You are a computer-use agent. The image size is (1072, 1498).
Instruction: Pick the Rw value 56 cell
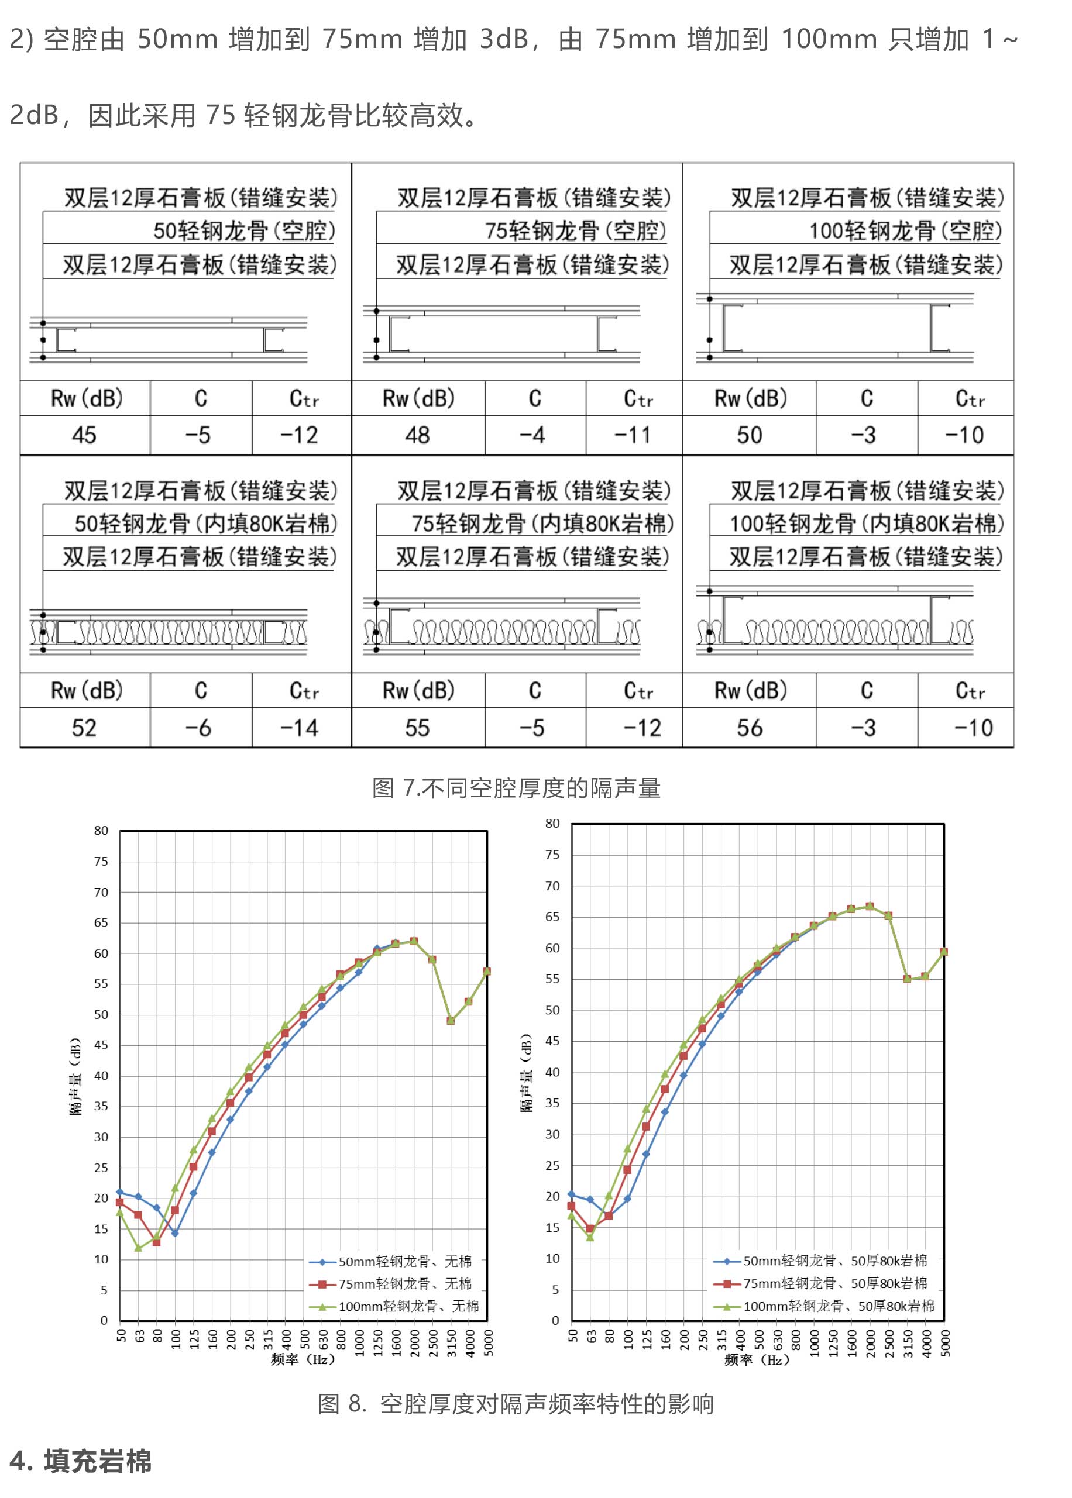click(x=749, y=728)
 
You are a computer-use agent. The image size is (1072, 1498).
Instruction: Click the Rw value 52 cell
click(x=84, y=728)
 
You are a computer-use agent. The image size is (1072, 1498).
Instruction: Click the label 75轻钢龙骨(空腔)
click(x=576, y=231)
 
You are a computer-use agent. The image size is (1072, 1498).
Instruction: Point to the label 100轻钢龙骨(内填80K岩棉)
click(x=866, y=524)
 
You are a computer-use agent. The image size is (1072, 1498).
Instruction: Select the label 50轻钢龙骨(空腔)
click(x=244, y=231)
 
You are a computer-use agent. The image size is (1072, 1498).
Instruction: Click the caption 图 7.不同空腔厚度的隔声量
click(x=516, y=788)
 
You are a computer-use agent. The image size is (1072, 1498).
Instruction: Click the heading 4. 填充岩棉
click(x=81, y=1461)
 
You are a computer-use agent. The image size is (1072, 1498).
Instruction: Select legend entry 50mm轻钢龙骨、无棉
click(x=405, y=1262)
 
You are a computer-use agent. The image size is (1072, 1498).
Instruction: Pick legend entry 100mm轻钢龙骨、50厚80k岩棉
click(x=839, y=1306)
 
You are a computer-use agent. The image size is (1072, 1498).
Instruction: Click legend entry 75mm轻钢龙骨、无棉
click(x=405, y=1283)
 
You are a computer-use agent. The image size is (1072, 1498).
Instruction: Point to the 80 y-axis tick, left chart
click(x=101, y=831)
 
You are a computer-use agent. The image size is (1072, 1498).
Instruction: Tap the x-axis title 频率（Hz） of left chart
click(x=303, y=1359)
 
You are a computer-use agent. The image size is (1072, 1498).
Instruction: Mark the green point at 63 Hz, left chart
click(x=138, y=1248)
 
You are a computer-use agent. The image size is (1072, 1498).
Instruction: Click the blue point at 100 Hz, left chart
click(x=175, y=1232)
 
